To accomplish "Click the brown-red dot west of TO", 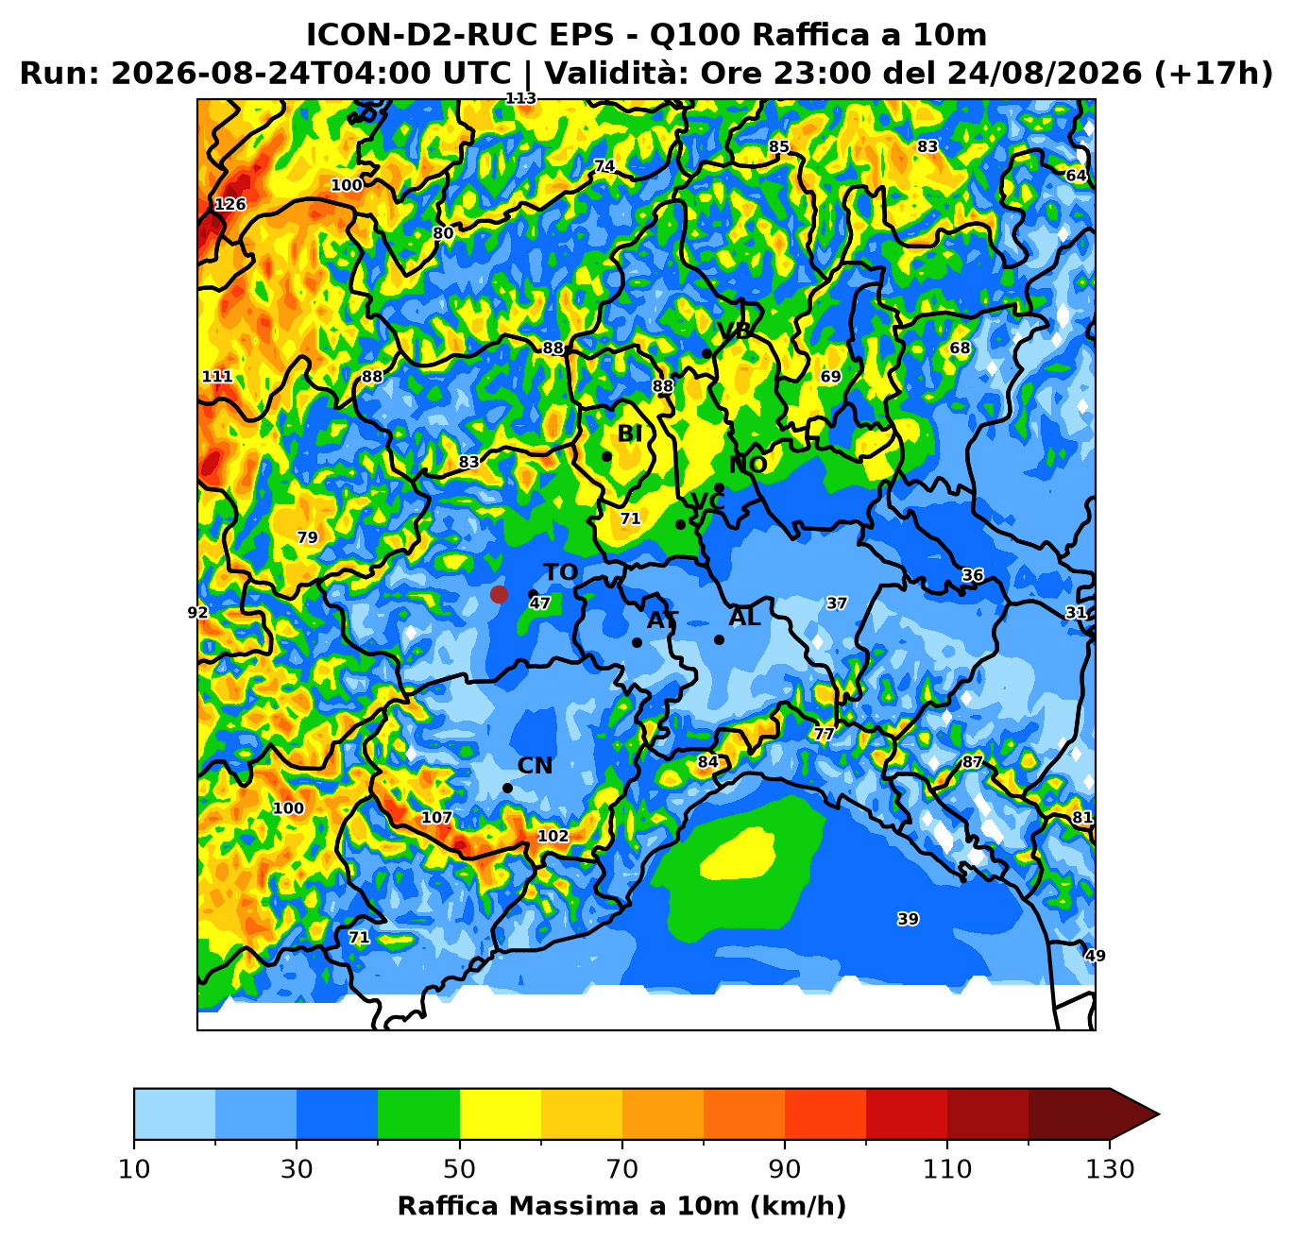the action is tap(499, 594).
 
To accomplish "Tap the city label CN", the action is tap(535, 766).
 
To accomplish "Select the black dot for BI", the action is tap(606, 456).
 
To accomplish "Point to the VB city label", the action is tap(734, 331).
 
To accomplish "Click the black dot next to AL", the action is tap(719, 640).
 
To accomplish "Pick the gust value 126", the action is tap(230, 204).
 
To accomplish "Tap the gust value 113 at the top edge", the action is tap(520, 98).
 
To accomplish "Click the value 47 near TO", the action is tap(539, 603).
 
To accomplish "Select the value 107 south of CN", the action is tap(436, 817).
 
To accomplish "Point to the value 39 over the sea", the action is tap(908, 919).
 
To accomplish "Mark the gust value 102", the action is tap(553, 836).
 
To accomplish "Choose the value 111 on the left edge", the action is tap(216, 377).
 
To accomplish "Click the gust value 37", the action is tap(836, 603).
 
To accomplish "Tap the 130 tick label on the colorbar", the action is tap(1109, 1169).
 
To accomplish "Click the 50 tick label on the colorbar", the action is tap(459, 1169).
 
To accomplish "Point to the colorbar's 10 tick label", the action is tap(134, 1169).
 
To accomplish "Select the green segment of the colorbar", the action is tap(418, 1113).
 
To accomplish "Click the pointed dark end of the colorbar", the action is tap(1159, 1113).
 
